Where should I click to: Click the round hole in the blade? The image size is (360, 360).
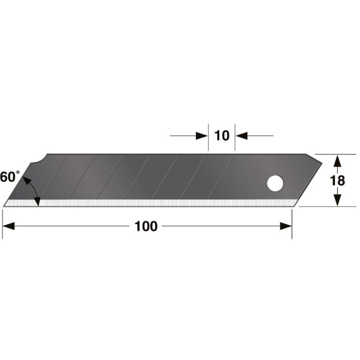click(275, 183)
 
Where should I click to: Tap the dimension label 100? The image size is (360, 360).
click(146, 226)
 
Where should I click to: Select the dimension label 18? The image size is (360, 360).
click(337, 180)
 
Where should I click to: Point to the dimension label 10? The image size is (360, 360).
click(221, 136)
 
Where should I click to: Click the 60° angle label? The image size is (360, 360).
click(10, 177)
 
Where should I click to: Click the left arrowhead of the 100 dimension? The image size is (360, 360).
click(9, 226)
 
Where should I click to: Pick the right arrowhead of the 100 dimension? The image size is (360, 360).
click(286, 226)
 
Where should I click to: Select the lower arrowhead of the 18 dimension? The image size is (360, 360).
click(337, 200)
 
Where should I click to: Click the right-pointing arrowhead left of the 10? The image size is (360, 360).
click(202, 136)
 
